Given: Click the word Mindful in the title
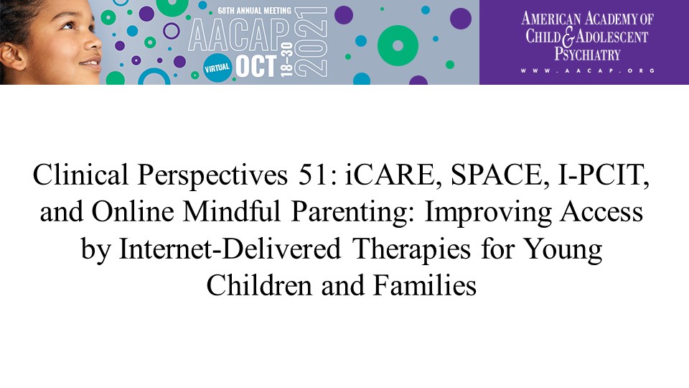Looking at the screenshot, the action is click(231, 211).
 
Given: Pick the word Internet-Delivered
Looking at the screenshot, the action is click(230, 249).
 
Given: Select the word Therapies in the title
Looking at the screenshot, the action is click(411, 249).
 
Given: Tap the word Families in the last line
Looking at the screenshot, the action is click(424, 285).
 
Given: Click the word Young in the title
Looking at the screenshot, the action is click(564, 249).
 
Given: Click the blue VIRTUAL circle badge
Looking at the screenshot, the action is click(217, 68).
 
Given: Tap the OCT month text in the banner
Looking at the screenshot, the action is click(256, 67).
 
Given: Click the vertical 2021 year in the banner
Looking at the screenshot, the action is click(311, 42).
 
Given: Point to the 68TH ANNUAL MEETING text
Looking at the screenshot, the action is click(254, 11).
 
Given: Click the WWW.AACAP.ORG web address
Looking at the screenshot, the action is click(588, 70).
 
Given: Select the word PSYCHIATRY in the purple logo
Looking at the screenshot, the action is click(587, 54).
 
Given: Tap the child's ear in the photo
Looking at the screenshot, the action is click(12, 57).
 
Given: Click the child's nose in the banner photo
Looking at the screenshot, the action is click(95, 44).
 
